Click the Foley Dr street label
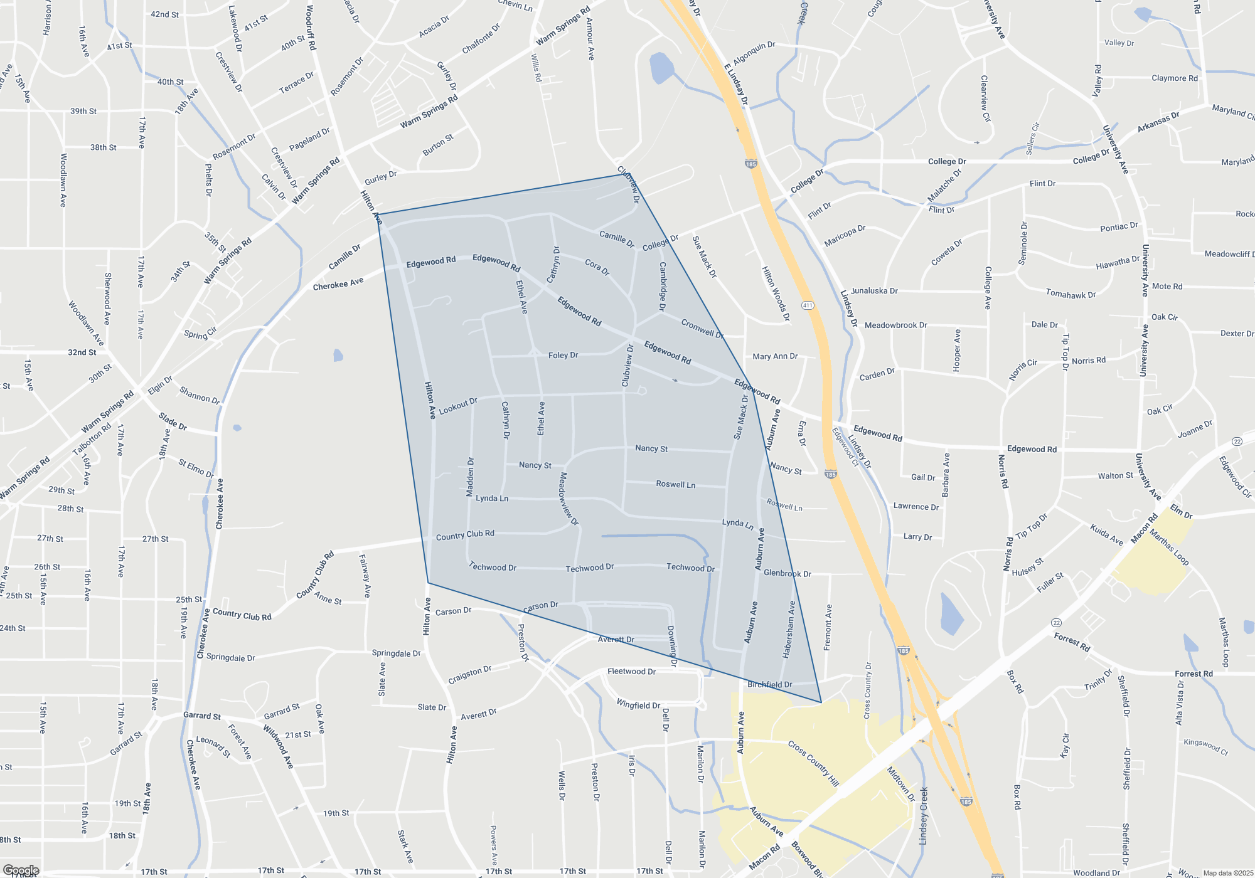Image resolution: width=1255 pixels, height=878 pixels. point(563,355)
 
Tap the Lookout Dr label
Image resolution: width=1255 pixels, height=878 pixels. point(458,406)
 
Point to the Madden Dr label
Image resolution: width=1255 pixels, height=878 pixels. point(470,477)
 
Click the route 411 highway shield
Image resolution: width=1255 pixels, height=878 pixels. point(808,305)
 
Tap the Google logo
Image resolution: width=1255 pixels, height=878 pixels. point(21,870)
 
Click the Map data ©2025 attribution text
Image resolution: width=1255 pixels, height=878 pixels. point(1228,873)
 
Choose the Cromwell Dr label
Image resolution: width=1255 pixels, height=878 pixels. point(702,328)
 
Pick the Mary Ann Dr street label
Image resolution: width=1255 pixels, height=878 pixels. point(775,356)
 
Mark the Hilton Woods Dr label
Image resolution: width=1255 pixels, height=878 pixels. point(776,294)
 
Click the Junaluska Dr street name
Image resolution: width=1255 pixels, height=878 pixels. point(874,291)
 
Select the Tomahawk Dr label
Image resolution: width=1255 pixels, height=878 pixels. point(1071,294)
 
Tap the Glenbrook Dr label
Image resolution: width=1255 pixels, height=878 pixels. point(788,573)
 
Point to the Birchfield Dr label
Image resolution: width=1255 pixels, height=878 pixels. point(770,684)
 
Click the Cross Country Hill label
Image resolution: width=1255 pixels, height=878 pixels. point(813,763)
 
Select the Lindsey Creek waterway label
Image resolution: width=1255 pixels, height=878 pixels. point(923,816)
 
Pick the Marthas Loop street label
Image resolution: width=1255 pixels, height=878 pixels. point(1169,547)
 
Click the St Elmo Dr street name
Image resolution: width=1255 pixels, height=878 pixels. point(196,468)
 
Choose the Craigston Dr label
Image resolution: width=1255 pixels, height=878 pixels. point(469,675)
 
